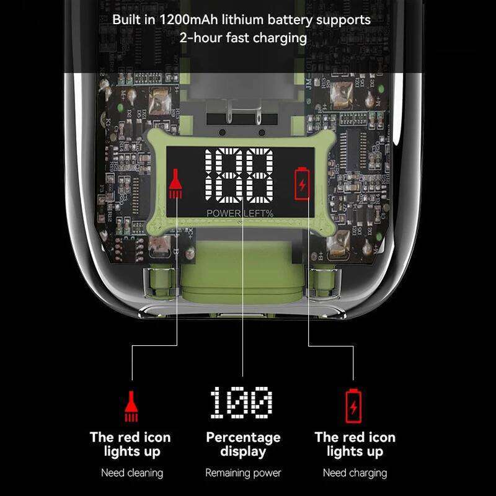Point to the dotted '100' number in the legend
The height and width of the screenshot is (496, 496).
pos(241,403)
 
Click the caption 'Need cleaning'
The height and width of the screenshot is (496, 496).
pos(132,473)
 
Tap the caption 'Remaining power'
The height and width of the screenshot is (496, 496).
pos(243,473)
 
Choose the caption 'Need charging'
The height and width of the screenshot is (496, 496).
pos(355,473)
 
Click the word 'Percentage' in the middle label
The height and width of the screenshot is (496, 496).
pos(243,437)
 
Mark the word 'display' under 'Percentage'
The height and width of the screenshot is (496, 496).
pos(243,452)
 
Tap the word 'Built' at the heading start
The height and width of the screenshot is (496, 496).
pos(126,19)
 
